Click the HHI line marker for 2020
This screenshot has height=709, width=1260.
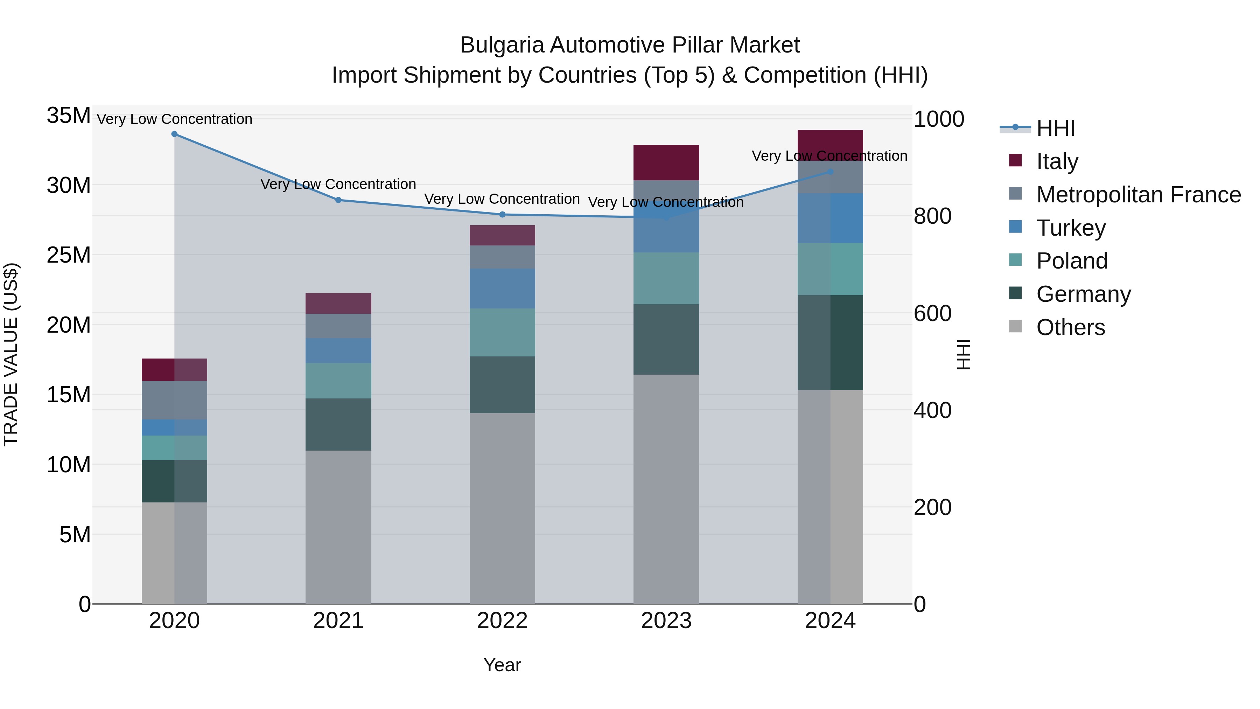[174, 134]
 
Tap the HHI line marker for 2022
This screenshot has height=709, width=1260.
[502, 214]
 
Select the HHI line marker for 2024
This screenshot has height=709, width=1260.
[830, 172]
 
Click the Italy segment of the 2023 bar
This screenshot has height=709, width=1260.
[666, 162]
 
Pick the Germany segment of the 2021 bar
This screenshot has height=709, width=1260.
[338, 424]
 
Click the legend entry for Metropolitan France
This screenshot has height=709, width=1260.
[1138, 195]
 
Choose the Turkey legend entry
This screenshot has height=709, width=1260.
[1070, 228]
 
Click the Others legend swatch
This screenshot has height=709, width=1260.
[1015, 326]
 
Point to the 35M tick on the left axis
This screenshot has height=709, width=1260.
[69, 116]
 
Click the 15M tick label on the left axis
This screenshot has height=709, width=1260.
[69, 394]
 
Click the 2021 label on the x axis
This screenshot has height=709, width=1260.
[338, 621]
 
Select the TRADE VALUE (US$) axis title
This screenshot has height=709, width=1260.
[11, 354]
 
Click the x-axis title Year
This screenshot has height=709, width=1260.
[502, 665]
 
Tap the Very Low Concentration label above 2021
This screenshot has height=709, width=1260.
[338, 185]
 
